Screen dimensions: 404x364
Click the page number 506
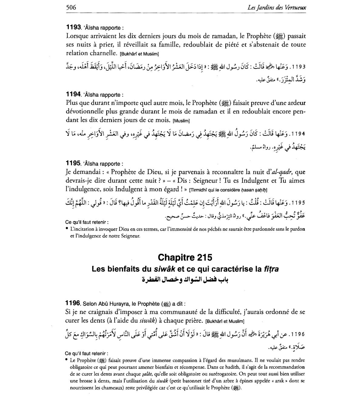(x=71, y=7)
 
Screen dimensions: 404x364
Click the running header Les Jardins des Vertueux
(x=277, y=7)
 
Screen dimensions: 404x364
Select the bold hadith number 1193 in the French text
(x=73, y=28)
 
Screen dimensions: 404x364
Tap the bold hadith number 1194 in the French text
(x=73, y=95)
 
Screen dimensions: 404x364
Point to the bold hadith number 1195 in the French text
(x=73, y=163)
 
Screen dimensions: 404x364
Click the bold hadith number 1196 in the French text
(x=73, y=303)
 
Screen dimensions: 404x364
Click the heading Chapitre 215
(x=185, y=258)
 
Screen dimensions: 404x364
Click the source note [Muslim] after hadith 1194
(x=181, y=121)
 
